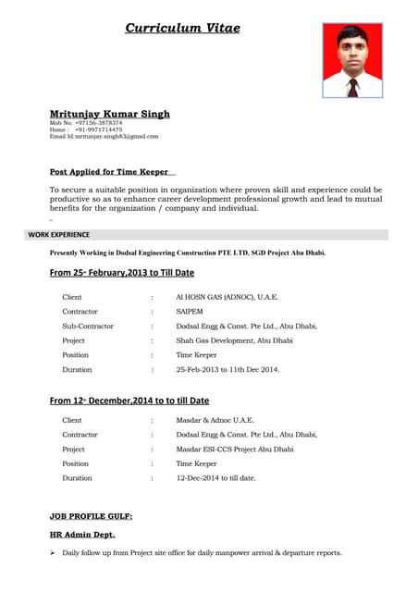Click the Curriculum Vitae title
182,29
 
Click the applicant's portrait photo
351,60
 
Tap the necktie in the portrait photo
352,87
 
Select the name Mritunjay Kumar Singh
109,114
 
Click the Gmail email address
104,136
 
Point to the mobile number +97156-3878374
98,123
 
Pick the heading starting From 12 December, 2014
129,401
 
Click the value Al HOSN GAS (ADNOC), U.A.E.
227,297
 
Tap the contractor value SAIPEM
190,312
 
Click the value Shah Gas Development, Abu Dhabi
234,340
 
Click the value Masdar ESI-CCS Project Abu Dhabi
235,449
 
